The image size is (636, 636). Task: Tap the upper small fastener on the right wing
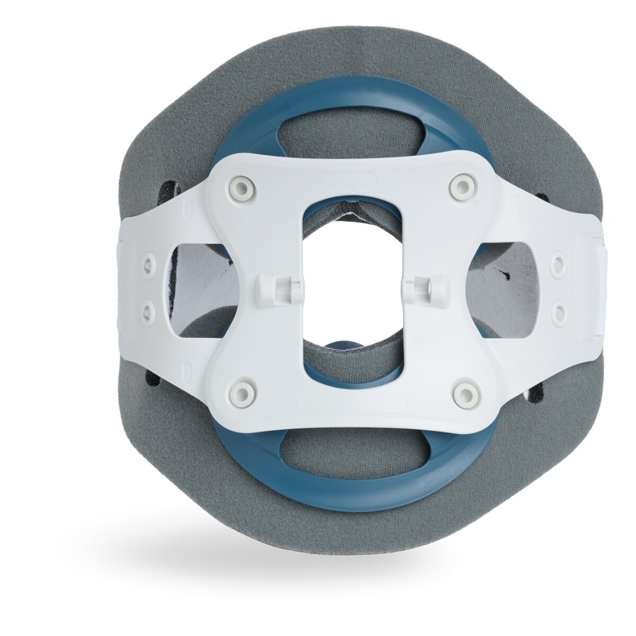558,260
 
